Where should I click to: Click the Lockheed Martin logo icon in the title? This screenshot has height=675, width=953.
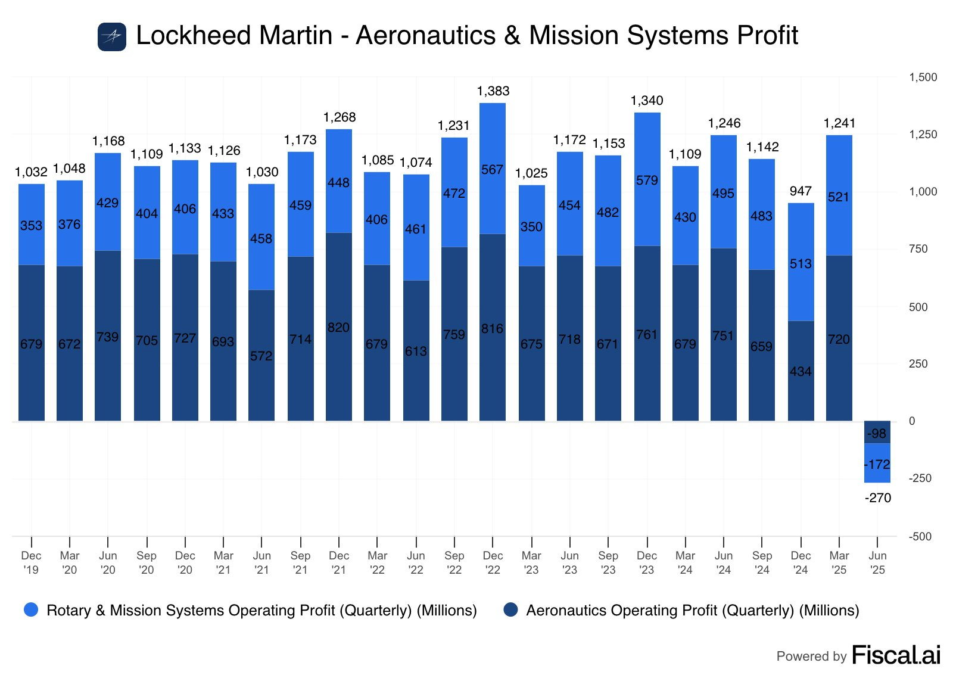point(112,37)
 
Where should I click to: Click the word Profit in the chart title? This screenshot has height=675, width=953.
point(767,36)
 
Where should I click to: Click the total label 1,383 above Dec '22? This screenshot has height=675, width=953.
point(493,91)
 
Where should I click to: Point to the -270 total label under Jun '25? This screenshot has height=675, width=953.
point(878,498)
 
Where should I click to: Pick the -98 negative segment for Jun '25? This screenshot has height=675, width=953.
point(877,433)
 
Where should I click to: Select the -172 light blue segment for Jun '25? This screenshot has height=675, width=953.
point(877,464)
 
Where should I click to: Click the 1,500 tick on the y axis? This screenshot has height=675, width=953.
point(923,77)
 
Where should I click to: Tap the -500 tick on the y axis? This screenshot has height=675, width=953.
point(920,537)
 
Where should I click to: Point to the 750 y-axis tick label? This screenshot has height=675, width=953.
point(918,249)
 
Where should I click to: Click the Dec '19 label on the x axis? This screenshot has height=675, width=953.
point(32,562)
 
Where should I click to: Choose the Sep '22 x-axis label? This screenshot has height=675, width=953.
point(454,562)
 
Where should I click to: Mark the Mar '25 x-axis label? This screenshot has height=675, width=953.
point(839,562)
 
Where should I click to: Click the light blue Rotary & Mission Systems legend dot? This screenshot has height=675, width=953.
point(31,609)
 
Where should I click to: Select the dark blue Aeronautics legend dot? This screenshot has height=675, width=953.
point(510,609)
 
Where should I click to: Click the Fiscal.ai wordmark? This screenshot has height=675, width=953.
point(896,655)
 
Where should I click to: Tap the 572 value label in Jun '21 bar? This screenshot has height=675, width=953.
point(261,356)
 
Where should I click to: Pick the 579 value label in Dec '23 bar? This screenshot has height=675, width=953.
point(647,181)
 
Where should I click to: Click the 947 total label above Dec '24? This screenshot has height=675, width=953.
point(801,191)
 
